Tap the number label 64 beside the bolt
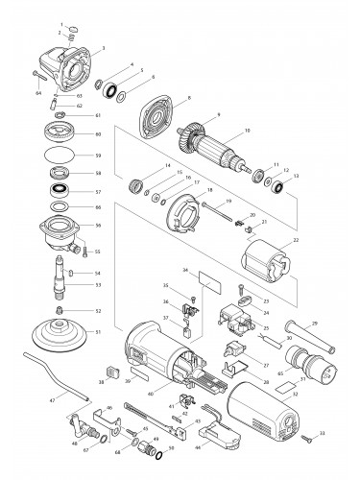click(x=38, y=94)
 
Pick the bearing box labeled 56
click(x=65, y=231)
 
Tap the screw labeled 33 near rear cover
click(x=307, y=438)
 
